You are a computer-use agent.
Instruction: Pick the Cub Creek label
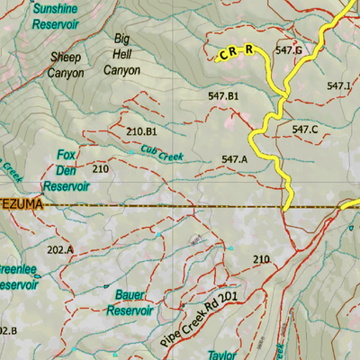(162, 154)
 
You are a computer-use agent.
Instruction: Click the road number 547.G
(287, 50)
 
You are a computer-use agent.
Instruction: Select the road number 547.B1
(222, 95)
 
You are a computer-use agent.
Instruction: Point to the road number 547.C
(305, 130)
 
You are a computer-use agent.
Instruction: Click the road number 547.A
(234, 160)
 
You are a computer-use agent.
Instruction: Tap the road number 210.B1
(142, 131)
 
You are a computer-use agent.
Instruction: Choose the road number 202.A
(60, 249)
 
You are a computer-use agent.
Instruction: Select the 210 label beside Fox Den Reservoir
(100, 169)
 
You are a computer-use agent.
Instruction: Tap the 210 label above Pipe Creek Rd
(261, 260)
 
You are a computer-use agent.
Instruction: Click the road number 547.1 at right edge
(339, 85)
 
